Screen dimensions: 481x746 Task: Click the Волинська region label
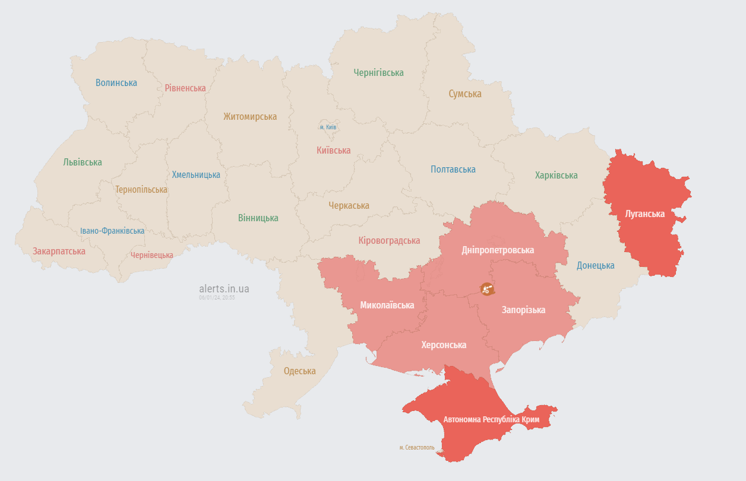click(x=116, y=82)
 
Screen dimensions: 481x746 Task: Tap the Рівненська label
click(x=185, y=88)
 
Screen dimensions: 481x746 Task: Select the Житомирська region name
click(x=250, y=116)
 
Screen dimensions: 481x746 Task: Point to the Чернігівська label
click(x=378, y=72)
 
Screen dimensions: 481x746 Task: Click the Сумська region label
click(x=465, y=94)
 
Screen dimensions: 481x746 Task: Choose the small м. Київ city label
click(x=328, y=127)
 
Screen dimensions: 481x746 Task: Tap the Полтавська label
click(x=453, y=169)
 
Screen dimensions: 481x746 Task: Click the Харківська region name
click(x=556, y=175)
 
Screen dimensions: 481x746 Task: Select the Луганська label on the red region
click(x=645, y=214)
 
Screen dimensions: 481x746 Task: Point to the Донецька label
click(x=596, y=265)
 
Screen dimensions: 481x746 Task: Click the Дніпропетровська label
click(x=498, y=250)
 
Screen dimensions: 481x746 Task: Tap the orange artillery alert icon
click(x=488, y=289)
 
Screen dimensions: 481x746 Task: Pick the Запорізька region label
click(x=523, y=310)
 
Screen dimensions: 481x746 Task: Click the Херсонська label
click(x=444, y=345)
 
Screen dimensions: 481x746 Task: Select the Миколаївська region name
click(x=387, y=305)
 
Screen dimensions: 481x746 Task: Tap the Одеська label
click(x=300, y=371)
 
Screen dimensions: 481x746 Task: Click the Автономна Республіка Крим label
click(x=491, y=419)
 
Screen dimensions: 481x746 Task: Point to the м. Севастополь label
click(x=417, y=447)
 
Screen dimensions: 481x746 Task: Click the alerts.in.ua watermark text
click(x=224, y=289)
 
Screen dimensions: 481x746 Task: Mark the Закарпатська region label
click(x=59, y=251)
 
